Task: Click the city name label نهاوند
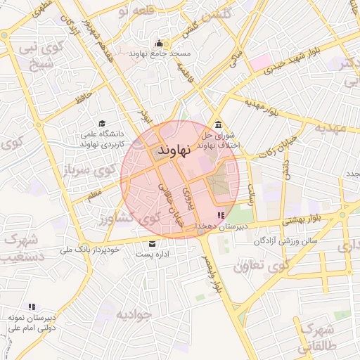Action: pyautogui.click(x=174, y=151)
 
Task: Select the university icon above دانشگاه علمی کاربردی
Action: pyautogui.click(x=103, y=123)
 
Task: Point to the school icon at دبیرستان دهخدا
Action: pyautogui.click(x=221, y=215)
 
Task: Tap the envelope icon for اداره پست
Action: pyautogui.click(x=152, y=243)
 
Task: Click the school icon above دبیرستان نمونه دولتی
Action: pyautogui.click(x=31, y=307)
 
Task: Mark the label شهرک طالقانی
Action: pyautogui.click(x=316, y=338)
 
